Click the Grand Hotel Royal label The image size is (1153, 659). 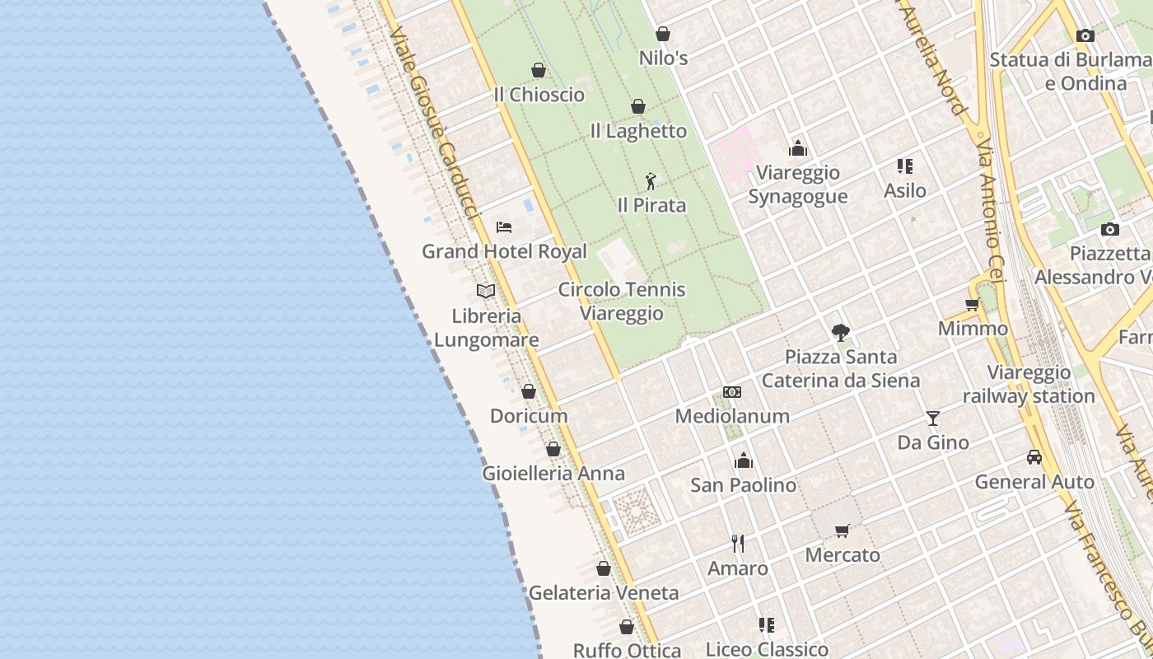coord(504,251)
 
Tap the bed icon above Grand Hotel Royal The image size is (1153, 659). coord(504,227)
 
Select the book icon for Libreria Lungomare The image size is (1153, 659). coord(486,291)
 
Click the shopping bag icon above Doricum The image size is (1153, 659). coord(529,391)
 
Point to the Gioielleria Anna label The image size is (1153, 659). coord(553,474)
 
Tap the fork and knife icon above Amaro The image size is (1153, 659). coord(738,544)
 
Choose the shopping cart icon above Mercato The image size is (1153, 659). coord(842,530)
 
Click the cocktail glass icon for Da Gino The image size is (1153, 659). coord(933,418)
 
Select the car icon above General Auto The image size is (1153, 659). coord(1034,457)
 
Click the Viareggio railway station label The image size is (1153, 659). coord(1029,385)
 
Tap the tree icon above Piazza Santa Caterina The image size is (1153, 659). coord(841,333)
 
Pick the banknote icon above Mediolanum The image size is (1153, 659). coord(732,392)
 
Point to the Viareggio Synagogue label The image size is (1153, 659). coord(797,185)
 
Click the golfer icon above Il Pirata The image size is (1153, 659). coord(651,180)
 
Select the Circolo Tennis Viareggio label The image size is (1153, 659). coord(622,301)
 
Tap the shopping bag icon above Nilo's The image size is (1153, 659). coord(663,34)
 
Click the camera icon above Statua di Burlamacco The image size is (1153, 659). coord(1085,35)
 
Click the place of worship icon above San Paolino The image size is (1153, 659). coord(744,460)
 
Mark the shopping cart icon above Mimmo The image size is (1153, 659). coord(972,304)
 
